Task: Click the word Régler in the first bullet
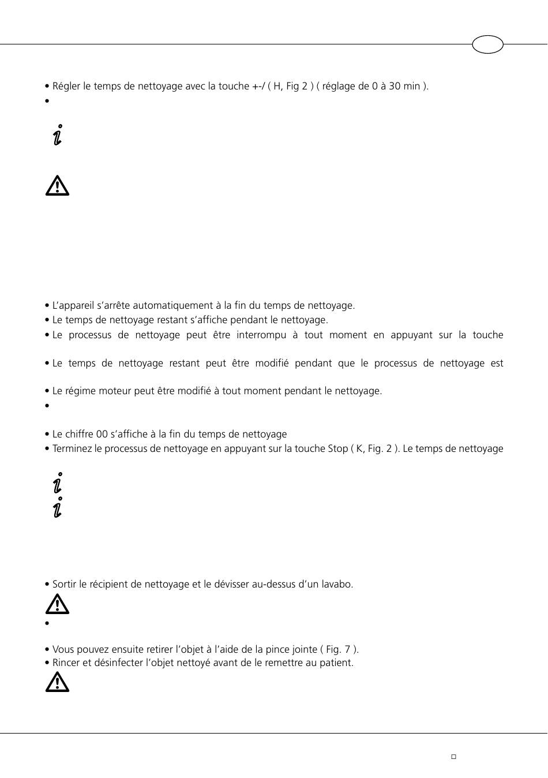pyautogui.click(x=66, y=87)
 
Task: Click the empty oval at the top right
pyautogui.click(x=487, y=44)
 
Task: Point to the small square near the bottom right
pyautogui.click(x=453, y=757)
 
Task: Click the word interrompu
pyautogui.click(x=261, y=335)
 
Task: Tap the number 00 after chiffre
pyautogui.click(x=102, y=435)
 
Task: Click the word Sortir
pyautogui.click(x=66, y=585)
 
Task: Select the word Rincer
pyautogui.click(x=66, y=663)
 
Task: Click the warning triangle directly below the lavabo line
pyautogui.click(x=57, y=605)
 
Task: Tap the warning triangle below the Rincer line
pyautogui.click(x=57, y=683)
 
